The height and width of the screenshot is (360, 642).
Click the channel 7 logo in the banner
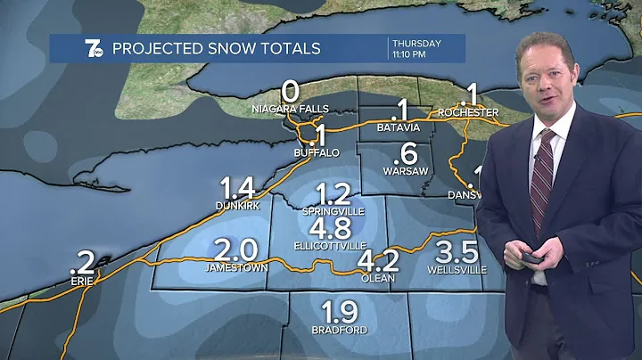click(69, 48)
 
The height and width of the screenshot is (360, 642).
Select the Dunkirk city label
click(237, 206)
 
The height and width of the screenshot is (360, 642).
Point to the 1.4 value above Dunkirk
click(238, 188)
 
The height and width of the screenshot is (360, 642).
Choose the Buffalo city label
click(317, 153)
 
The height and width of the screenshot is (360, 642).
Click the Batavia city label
click(399, 128)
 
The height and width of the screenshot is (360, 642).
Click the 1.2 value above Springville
click(333, 193)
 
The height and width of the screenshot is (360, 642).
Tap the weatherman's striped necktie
click(540, 178)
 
